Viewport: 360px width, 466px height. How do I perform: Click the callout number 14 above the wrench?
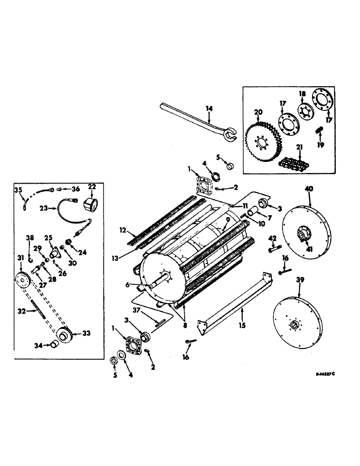(209, 109)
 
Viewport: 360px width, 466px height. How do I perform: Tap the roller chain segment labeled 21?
(292, 163)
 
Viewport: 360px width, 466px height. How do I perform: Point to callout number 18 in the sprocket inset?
(302, 95)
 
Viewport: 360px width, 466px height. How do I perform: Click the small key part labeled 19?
(320, 131)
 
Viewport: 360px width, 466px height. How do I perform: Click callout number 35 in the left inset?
(19, 190)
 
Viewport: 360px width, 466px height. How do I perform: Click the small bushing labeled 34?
(55, 344)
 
